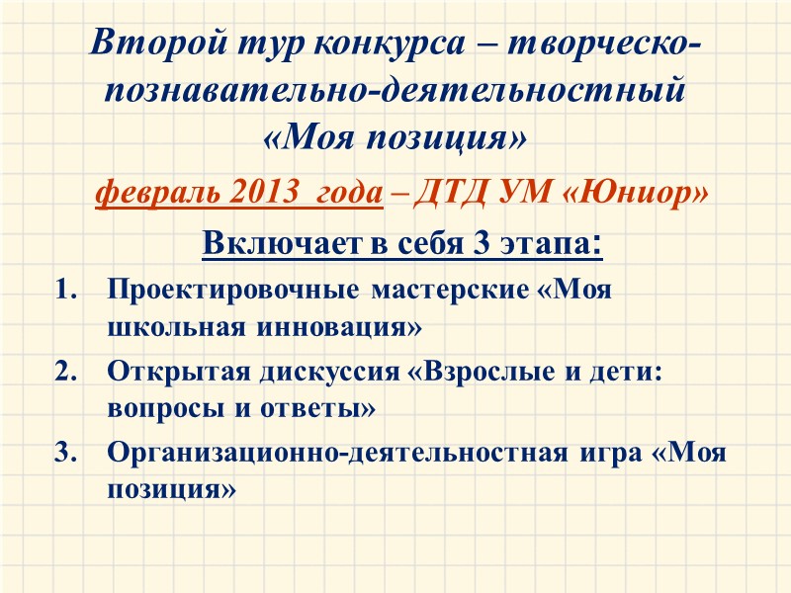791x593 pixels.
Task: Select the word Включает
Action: click(x=260, y=242)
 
